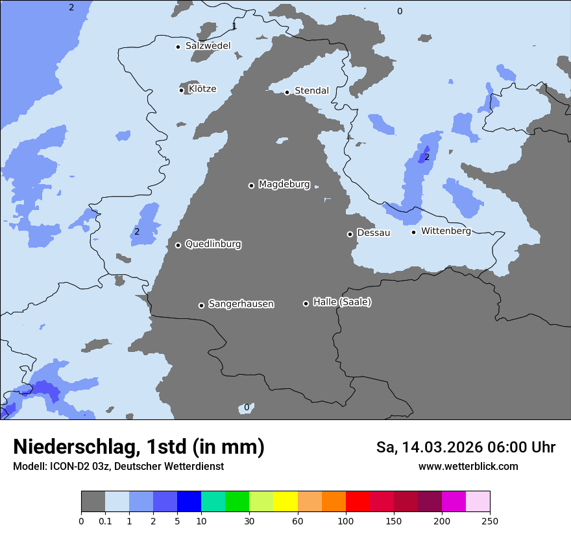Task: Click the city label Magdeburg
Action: tap(284, 185)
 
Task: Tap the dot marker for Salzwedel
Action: tap(178, 47)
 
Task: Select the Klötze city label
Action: tap(202, 89)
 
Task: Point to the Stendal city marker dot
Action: tap(287, 92)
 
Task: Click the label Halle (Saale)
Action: tap(342, 302)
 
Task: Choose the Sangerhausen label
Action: tap(241, 304)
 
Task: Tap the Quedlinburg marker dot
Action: tap(178, 245)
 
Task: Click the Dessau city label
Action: tap(374, 233)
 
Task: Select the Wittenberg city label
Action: tap(446, 231)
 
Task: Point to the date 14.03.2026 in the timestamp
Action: tap(441, 447)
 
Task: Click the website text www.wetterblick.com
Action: tap(468, 466)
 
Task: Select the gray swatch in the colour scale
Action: tap(93, 502)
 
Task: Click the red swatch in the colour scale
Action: tap(358, 502)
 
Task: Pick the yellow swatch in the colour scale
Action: tap(285, 502)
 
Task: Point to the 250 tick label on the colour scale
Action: tap(490, 521)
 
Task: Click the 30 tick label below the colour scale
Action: tap(249, 521)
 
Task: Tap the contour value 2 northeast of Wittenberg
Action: tap(426, 157)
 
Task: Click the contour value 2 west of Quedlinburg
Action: tap(137, 231)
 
